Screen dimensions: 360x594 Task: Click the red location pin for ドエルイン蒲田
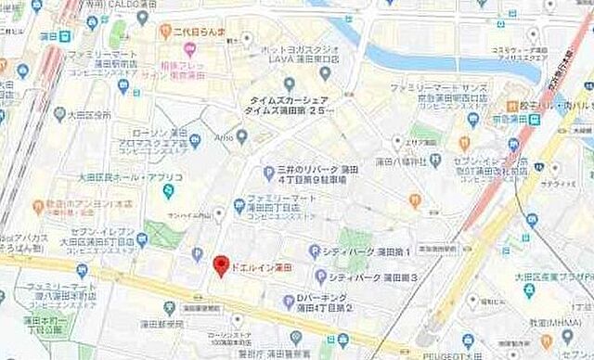click(x=220, y=265)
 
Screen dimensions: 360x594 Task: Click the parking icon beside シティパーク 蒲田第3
click(x=320, y=276)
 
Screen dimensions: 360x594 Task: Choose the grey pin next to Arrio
click(x=241, y=136)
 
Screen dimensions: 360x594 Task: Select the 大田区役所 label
click(x=83, y=115)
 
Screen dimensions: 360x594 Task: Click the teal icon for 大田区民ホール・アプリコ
click(x=168, y=191)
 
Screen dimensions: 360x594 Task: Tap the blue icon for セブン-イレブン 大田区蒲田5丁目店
click(x=142, y=238)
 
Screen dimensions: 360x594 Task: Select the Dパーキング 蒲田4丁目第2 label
click(x=324, y=302)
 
